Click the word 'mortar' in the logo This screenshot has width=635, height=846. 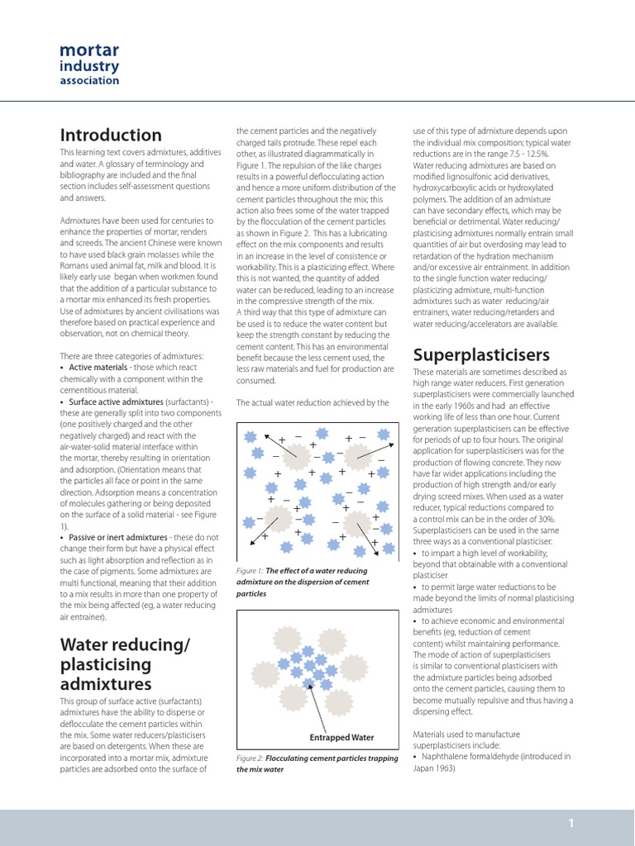pyautogui.click(x=89, y=50)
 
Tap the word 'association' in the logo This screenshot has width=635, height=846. pyautogui.click(x=89, y=81)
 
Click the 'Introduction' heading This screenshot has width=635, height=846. pyautogui.click(x=111, y=135)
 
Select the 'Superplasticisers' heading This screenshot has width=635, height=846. pyautogui.click(x=481, y=354)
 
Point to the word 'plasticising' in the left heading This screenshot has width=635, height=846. pyautogui.click(x=106, y=664)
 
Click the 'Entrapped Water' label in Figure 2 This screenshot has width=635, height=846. pyautogui.click(x=341, y=738)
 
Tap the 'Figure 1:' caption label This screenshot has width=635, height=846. pyautogui.click(x=249, y=571)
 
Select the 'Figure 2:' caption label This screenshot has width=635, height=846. pyautogui.click(x=250, y=758)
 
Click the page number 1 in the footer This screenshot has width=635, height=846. pyautogui.click(x=571, y=823)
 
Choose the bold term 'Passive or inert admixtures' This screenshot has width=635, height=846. pyautogui.click(x=118, y=537)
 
